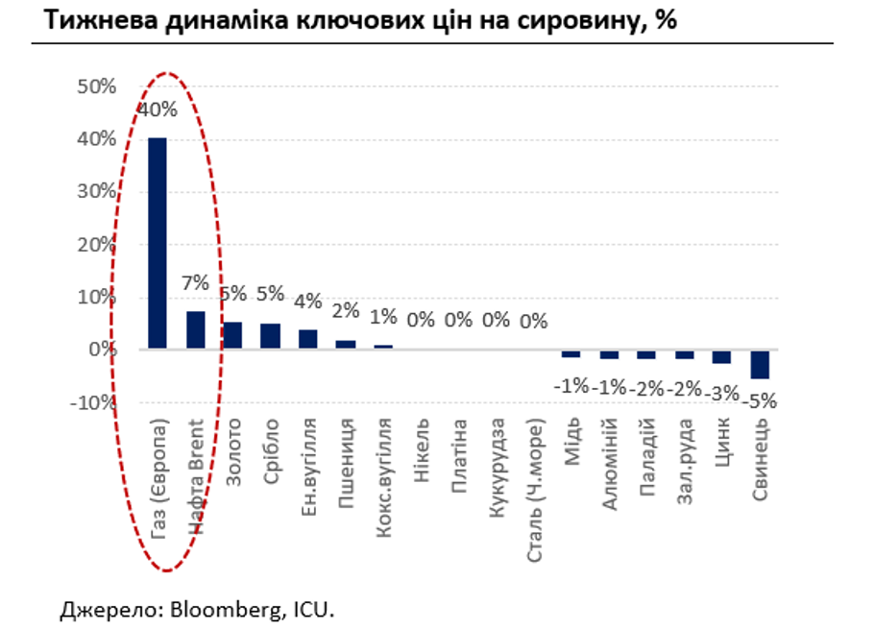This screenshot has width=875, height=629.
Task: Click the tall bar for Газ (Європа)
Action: pos(157,243)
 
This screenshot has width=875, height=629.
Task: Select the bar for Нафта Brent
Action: pos(195,329)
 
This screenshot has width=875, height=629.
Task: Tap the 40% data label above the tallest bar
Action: pos(158,109)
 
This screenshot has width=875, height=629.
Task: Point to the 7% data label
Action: pos(195,284)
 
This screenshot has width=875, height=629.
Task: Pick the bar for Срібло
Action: pos(270,336)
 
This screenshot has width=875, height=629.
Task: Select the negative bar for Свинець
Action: pos(760,364)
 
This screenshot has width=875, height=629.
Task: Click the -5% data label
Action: pos(759,401)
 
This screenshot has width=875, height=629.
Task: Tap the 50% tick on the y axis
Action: pos(96,86)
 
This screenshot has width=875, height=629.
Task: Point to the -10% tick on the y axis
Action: pos(92,402)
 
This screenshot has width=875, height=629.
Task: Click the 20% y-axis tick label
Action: pos(96,244)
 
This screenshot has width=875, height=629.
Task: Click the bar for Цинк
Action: pos(722,356)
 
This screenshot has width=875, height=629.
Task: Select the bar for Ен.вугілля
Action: pos(307,339)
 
